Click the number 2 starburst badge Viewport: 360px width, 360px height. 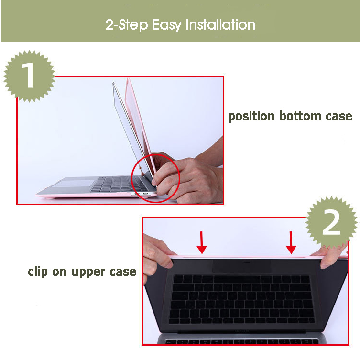coord(331,222)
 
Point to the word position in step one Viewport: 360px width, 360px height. coord(251,116)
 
